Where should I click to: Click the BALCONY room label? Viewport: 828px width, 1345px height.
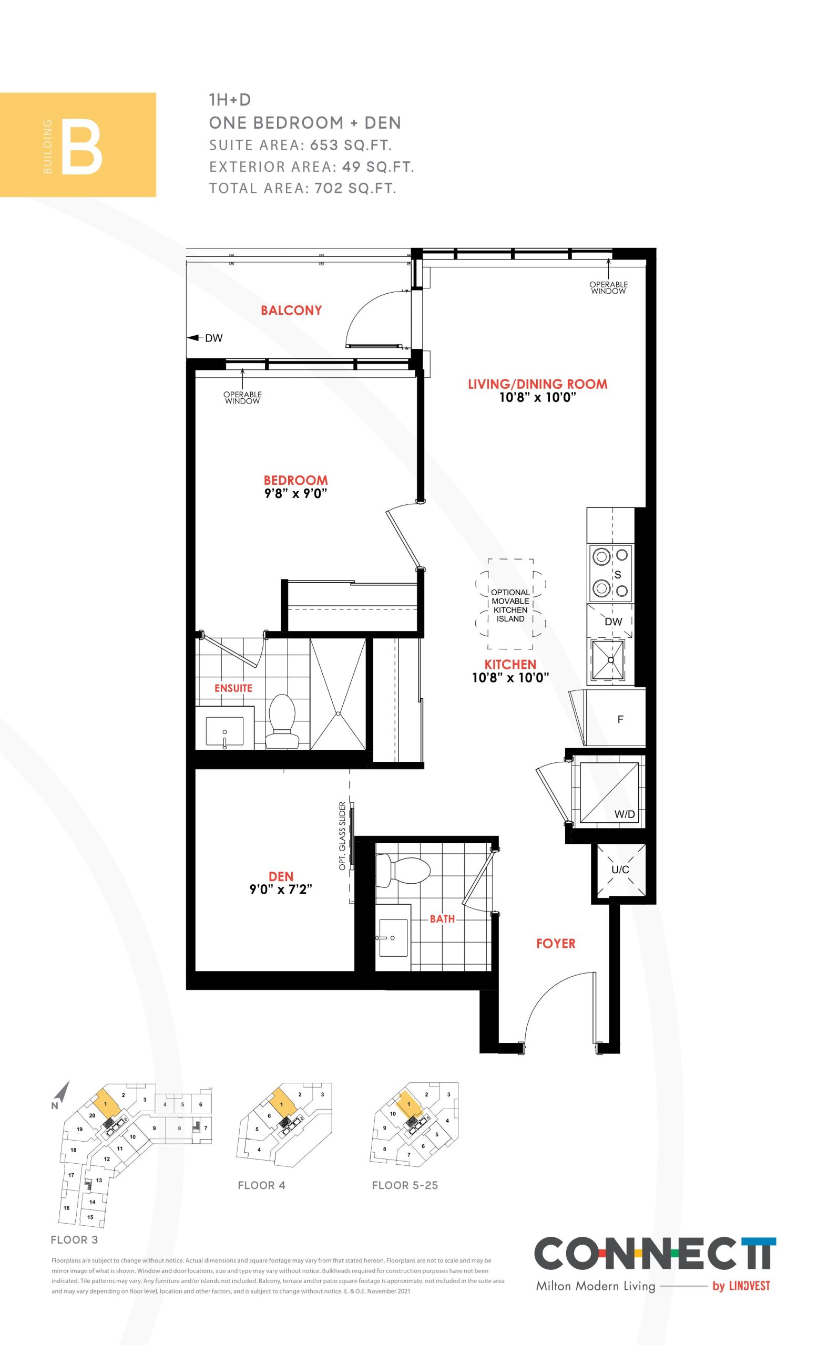coord(291,311)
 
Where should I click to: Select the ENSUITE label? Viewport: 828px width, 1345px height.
coord(233,688)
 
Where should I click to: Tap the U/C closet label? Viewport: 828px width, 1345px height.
coord(620,870)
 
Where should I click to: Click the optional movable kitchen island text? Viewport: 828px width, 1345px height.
coord(510,605)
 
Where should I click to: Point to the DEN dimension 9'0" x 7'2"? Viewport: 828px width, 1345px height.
coord(281,889)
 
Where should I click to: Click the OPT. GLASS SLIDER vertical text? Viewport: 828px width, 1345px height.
coord(343,836)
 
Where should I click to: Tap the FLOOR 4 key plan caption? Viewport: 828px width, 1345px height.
coord(261,1185)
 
